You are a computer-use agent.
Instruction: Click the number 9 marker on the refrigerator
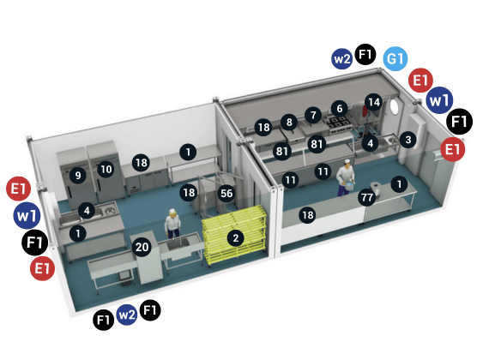point(78,175)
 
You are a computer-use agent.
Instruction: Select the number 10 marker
point(106,169)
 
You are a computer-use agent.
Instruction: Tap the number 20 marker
point(142,247)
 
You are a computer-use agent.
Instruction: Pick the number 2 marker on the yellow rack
point(236,238)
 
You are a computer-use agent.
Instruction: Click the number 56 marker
point(226,193)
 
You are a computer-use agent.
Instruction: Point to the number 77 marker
point(367,197)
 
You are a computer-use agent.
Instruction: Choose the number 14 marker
point(374,102)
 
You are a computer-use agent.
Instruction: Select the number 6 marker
point(340,109)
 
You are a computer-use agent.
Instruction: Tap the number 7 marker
point(313,116)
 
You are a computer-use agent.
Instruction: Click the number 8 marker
point(289,122)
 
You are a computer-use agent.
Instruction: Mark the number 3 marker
point(407,140)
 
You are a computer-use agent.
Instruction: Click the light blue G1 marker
point(395,58)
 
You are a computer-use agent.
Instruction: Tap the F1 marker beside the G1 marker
point(365,55)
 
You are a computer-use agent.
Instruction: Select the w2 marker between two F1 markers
point(127,315)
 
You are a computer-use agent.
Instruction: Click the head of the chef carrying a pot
point(347,162)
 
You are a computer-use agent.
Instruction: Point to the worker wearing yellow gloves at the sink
point(172,223)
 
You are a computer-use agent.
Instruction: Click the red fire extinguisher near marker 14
point(365,111)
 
